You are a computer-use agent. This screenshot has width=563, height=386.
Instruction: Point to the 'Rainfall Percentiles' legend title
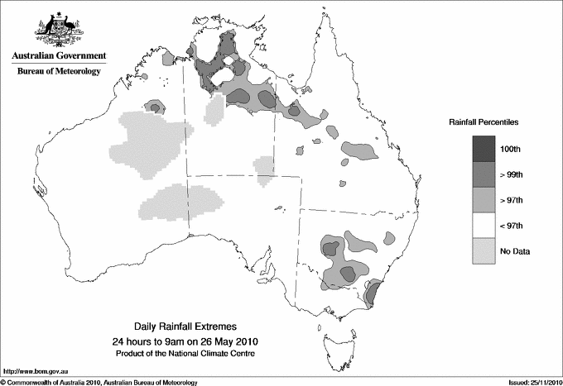tap(484, 122)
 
